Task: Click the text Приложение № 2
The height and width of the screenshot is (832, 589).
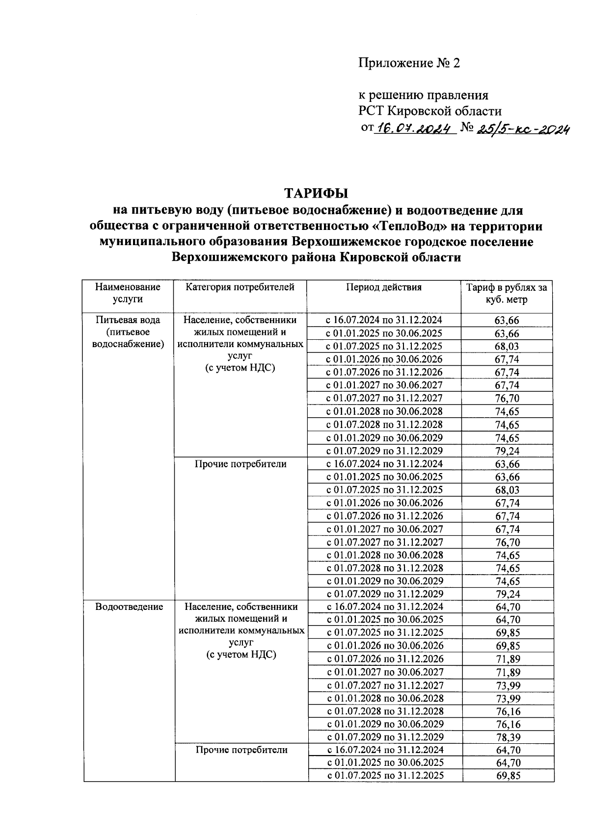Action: (x=409, y=63)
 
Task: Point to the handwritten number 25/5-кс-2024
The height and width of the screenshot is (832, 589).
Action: (x=522, y=128)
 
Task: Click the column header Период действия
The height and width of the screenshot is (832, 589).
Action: (x=384, y=287)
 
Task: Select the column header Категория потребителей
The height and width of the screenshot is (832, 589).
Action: (x=240, y=287)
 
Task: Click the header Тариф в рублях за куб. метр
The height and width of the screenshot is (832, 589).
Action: (x=507, y=294)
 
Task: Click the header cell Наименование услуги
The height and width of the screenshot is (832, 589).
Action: (x=128, y=293)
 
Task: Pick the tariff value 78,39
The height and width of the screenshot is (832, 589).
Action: (x=508, y=737)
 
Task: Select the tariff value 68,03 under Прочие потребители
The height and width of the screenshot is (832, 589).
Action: (x=507, y=490)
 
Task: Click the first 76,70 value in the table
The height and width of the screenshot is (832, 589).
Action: (x=507, y=398)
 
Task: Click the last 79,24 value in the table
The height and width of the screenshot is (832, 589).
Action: (x=508, y=594)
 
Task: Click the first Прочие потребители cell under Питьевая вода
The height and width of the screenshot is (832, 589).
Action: (x=241, y=464)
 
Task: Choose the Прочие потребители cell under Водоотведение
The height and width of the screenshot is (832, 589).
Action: (x=241, y=750)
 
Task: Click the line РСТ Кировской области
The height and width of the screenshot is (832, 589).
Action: (x=429, y=111)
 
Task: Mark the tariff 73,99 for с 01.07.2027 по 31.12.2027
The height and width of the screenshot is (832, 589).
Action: (x=508, y=685)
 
